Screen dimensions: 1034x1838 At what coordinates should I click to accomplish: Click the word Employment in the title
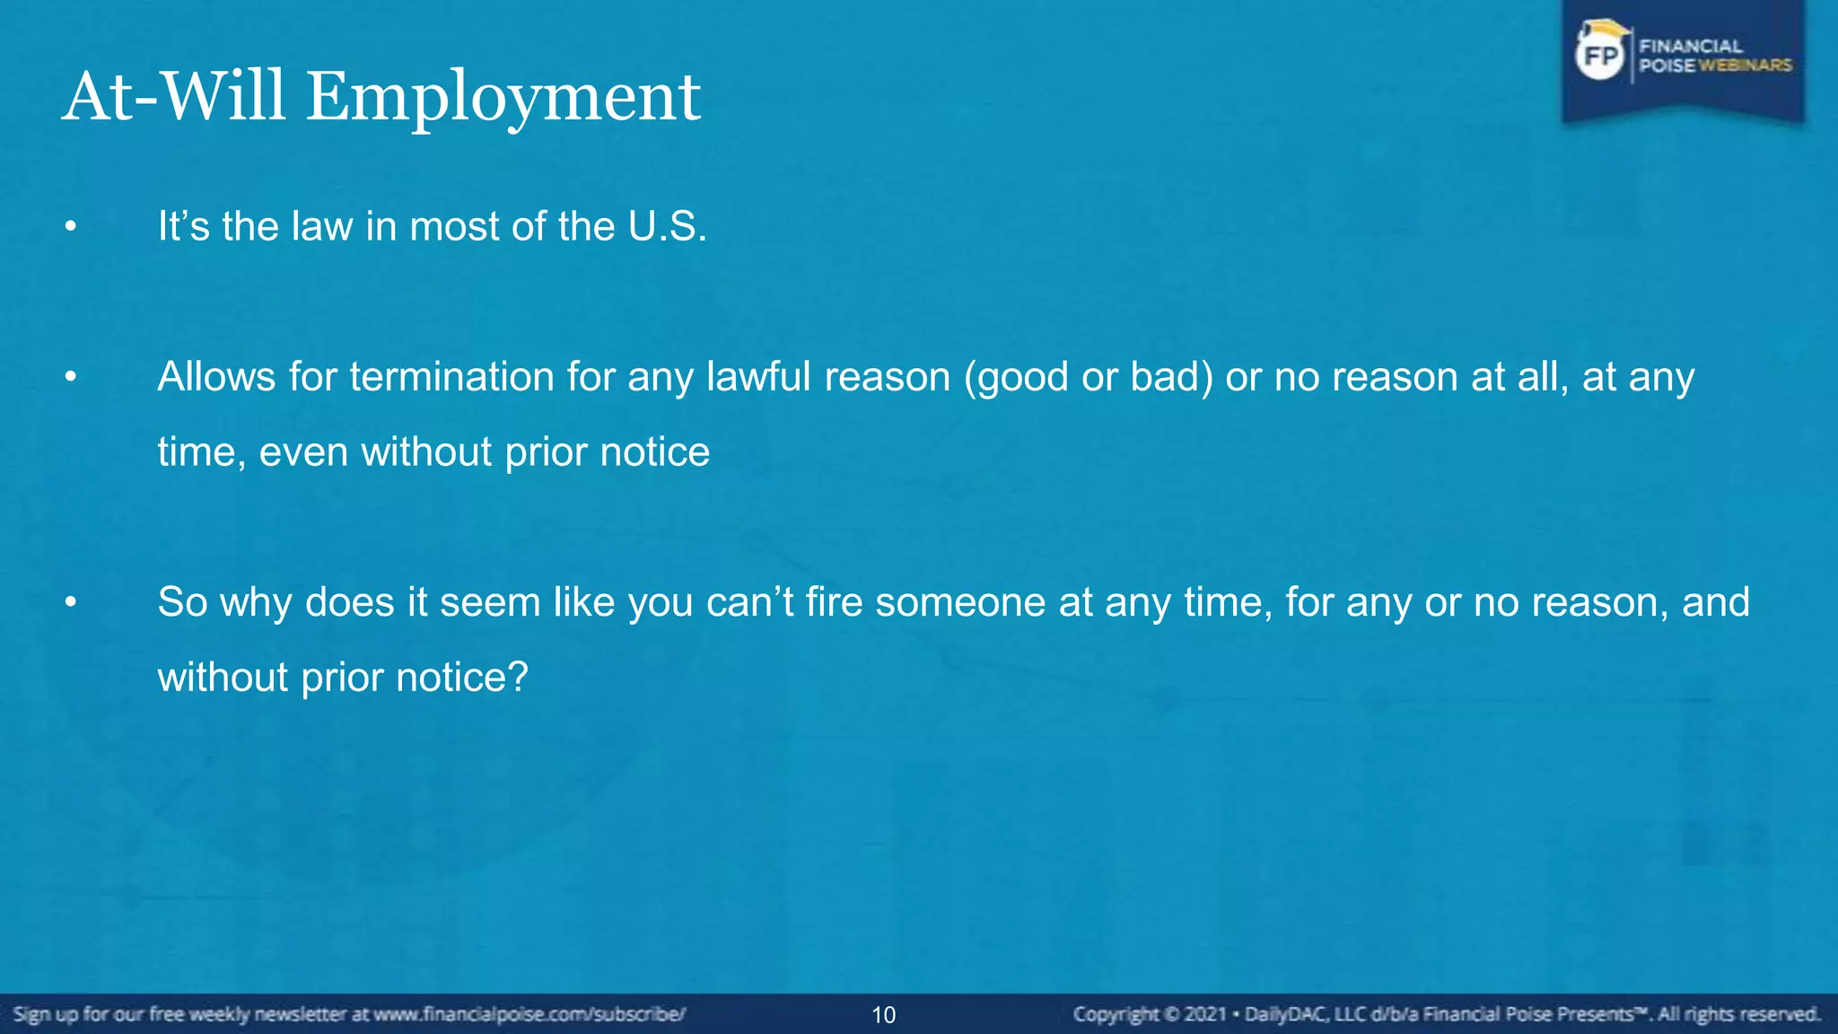click(503, 97)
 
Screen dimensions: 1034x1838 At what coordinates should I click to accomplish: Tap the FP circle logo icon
click(1600, 57)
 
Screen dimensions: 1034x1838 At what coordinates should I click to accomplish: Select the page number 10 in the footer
click(883, 1015)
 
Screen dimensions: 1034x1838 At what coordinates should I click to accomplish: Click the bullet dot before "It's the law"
click(71, 228)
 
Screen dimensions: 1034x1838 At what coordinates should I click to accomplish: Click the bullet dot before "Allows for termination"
click(71, 378)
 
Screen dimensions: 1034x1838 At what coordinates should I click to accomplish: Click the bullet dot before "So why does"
click(71, 603)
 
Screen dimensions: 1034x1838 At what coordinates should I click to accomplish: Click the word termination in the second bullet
click(451, 377)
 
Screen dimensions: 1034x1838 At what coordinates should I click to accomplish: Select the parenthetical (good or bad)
click(1088, 377)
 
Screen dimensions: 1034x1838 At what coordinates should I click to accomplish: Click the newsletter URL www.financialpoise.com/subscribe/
click(530, 1014)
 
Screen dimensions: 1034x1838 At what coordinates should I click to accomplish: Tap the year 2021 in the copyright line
click(1204, 1014)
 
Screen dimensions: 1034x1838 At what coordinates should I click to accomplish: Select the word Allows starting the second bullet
click(216, 377)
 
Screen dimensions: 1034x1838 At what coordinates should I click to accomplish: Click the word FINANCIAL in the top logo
click(1691, 46)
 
